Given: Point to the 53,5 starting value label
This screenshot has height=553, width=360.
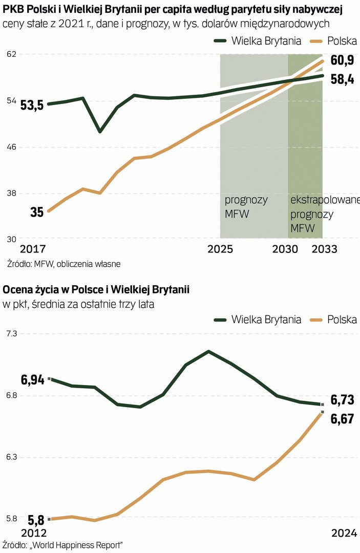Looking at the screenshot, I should pos(32,106).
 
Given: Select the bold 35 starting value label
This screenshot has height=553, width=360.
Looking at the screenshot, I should pos(37,212).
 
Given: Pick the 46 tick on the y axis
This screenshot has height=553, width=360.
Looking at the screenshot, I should pos(11,147).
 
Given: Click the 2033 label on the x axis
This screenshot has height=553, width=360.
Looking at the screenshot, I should pos(325,249).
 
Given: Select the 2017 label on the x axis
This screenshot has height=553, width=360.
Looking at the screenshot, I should pos(32,249).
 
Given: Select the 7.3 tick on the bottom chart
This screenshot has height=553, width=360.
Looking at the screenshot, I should pos(11,333).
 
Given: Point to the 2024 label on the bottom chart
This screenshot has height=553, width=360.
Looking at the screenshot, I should pos(344,534).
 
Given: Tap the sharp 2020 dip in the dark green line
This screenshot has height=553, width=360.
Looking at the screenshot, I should pos(100,132).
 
